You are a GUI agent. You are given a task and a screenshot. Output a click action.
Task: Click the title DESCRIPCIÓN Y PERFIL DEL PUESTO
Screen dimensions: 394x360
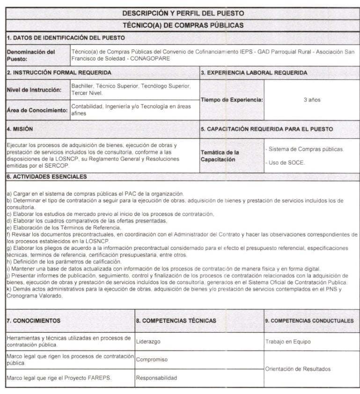(x=183, y=13)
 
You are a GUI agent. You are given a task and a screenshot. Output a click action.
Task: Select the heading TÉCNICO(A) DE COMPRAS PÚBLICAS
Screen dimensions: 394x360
(x=183, y=25)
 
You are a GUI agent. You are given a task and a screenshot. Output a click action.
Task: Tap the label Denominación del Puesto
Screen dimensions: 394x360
(x=31, y=56)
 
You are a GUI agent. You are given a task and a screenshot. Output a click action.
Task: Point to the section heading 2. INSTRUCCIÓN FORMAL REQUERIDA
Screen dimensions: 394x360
(x=59, y=73)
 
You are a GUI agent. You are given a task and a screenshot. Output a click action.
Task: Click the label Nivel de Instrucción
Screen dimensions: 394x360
(x=34, y=90)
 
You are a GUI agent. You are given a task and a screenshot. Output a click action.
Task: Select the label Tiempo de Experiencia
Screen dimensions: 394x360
(x=231, y=100)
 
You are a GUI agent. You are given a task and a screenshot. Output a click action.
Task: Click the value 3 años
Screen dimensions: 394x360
(x=312, y=100)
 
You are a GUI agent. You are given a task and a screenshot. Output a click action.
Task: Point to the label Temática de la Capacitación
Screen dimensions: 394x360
(x=220, y=156)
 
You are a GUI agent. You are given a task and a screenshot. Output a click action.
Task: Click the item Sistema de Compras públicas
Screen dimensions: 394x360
(x=304, y=149)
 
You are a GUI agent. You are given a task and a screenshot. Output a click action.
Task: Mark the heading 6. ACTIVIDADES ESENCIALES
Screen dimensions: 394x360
(x=47, y=177)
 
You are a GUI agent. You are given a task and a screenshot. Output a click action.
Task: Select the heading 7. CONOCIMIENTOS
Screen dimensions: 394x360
(x=33, y=321)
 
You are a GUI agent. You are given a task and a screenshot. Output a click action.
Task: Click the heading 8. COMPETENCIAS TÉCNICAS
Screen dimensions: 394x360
(x=176, y=321)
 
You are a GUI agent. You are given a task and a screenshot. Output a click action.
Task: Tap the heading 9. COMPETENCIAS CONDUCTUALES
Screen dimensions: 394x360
(x=309, y=321)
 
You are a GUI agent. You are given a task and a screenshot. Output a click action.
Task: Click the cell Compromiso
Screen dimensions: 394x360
(x=152, y=360)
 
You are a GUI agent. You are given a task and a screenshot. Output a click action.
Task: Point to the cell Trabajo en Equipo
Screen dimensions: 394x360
(x=287, y=342)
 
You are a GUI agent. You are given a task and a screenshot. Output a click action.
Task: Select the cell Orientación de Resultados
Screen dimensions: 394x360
(x=298, y=369)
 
